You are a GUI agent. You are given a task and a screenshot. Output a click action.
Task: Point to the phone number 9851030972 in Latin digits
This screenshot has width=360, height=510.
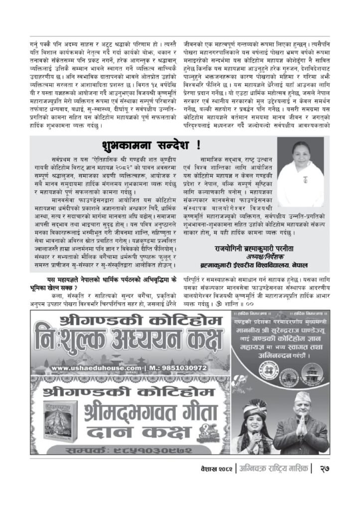(174, 368)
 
